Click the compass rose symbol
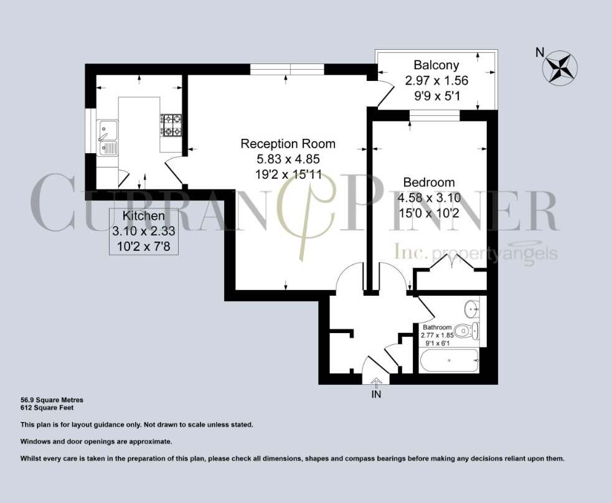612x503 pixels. tap(560, 67)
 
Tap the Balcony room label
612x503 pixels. tap(436, 65)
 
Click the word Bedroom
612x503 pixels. tap(429, 182)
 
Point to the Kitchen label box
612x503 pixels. tap(143, 231)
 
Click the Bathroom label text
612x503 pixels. tap(437, 327)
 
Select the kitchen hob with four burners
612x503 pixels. tap(171, 125)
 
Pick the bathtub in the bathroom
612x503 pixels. tap(449, 360)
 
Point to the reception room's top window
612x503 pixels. tap(287, 69)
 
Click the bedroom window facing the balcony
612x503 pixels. tap(435, 115)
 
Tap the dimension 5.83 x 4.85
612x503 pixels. tap(280, 159)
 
